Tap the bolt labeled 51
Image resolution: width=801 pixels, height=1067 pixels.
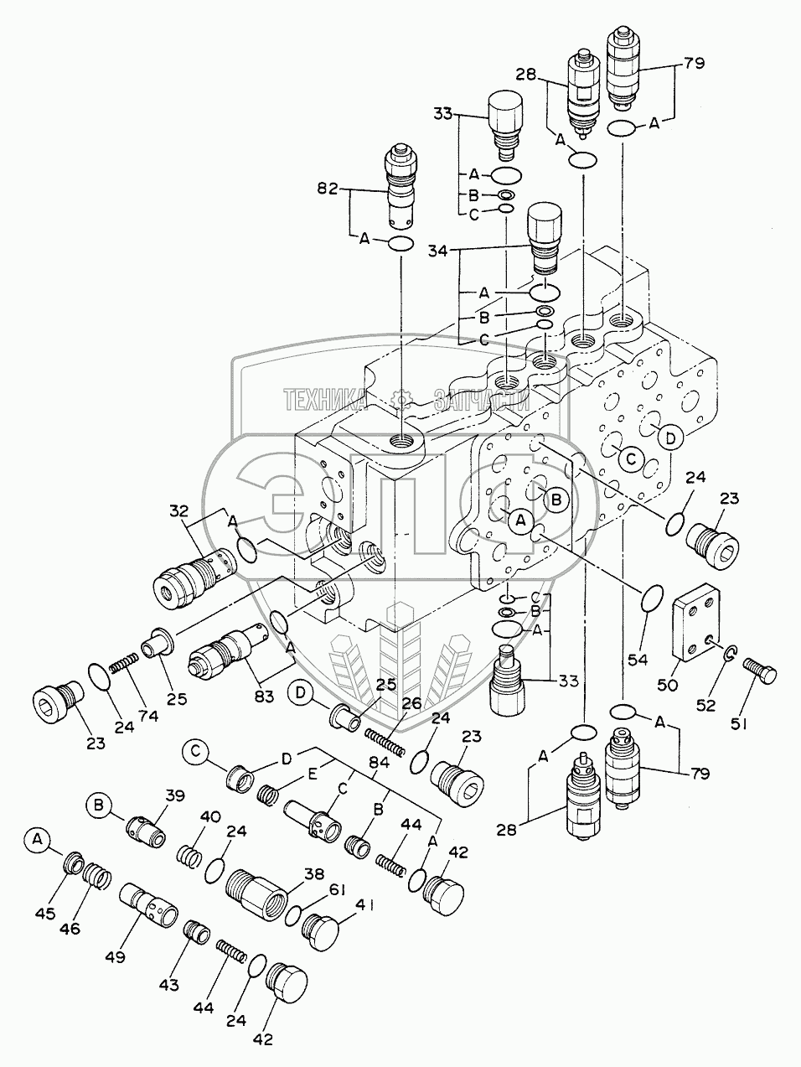pyautogui.click(x=759, y=670)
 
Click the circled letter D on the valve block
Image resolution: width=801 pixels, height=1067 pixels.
pyautogui.click(x=669, y=436)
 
